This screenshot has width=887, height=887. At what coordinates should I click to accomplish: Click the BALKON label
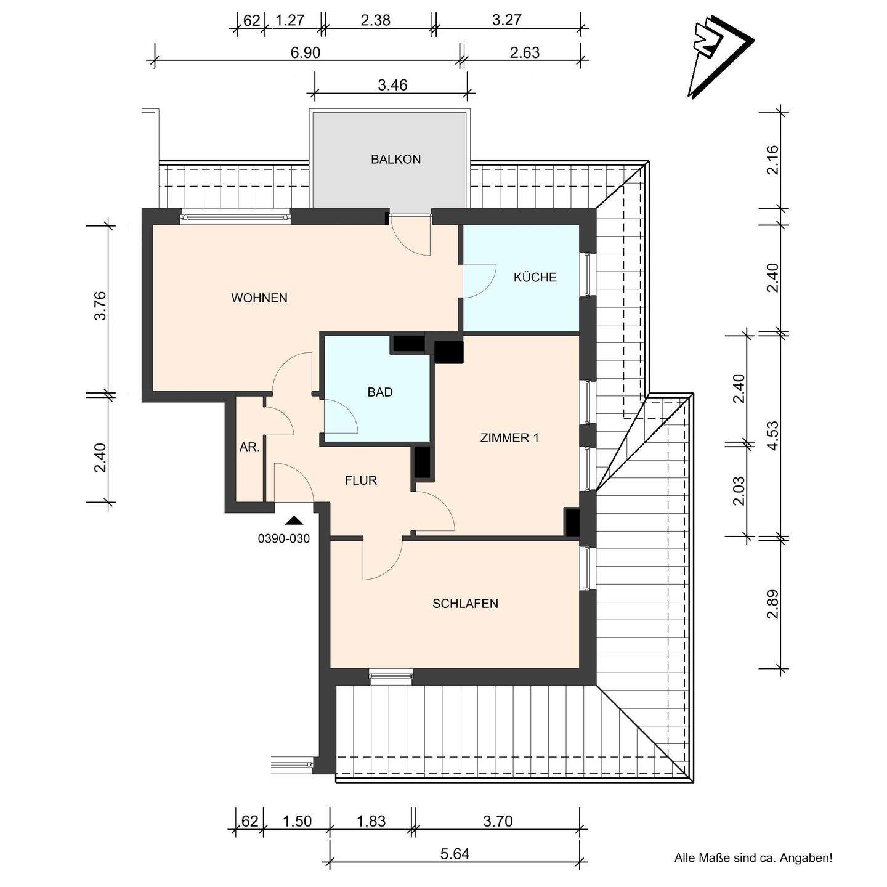(x=396, y=160)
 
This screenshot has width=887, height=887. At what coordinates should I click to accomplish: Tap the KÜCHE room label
(x=535, y=277)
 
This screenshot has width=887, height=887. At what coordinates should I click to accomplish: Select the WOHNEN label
(x=259, y=298)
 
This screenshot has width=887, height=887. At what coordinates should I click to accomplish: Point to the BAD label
(x=380, y=392)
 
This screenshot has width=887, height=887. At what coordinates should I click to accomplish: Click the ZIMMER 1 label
(x=509, y=438)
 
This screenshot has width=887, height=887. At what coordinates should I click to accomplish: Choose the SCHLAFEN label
(x=465, y=604)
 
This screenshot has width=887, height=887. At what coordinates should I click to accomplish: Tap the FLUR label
(x=361, y=480)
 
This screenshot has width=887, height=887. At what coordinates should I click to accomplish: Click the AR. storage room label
(x=249, y=447)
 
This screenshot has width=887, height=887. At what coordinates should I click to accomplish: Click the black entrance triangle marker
(x=294, y=520)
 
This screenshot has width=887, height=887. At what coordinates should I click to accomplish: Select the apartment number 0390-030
(x=283, y=538)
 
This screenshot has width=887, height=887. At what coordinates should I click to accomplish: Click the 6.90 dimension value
(x=305, y=52)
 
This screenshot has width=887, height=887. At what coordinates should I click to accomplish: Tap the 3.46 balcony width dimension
(x=392, y=85)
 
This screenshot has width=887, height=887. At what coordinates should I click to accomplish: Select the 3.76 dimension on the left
(x=100, y=306)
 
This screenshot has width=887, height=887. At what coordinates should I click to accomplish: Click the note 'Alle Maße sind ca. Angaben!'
(x=753, y=858)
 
